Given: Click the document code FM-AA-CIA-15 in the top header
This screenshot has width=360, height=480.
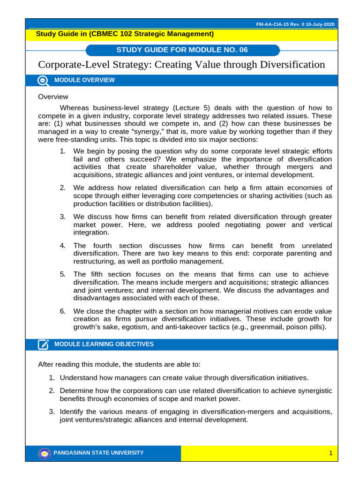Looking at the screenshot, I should coord(274,24).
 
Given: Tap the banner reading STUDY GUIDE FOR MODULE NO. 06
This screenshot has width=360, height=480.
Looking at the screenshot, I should coord(182,50).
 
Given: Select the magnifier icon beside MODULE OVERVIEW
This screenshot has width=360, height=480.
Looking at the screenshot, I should coord(43,80).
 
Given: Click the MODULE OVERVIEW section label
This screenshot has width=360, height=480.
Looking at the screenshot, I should coord(84,80).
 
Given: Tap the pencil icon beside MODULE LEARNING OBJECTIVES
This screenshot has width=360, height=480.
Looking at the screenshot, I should coord(43,345).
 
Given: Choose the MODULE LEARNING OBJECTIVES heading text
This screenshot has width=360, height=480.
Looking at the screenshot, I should coord(104,345).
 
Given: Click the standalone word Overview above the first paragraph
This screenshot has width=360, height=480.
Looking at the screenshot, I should coord(53,97).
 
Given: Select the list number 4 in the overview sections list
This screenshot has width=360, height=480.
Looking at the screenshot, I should coord(62,246).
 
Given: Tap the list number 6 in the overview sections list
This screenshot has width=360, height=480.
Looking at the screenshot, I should coord(62,311).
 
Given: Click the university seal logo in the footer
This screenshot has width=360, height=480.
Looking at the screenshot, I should coord(44,453).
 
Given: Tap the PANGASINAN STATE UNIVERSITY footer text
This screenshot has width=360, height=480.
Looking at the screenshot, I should coord(99,453).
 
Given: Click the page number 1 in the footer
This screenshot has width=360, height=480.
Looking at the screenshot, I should coord(330,453).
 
